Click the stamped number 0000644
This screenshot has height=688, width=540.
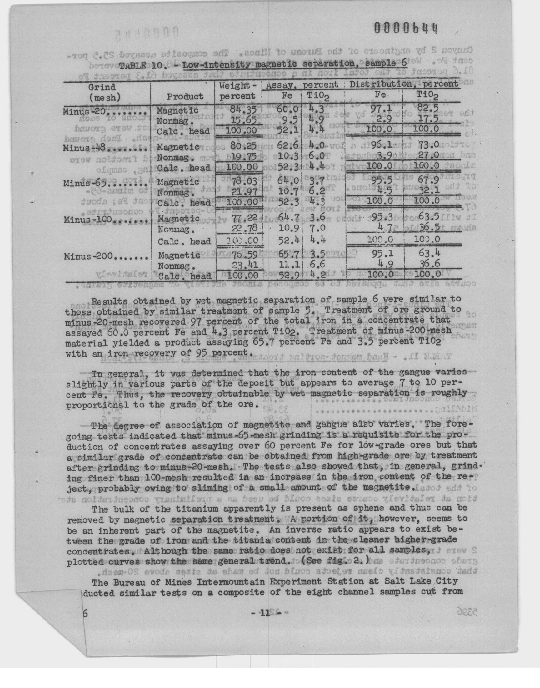(406, 29)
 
